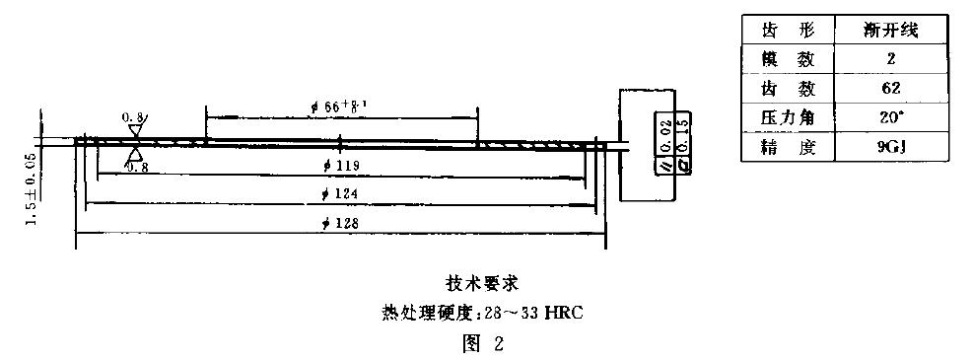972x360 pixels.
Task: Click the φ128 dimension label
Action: point(339,223)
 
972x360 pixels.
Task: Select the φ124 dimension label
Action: point(339,193)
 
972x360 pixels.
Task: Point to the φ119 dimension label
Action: point(339,164)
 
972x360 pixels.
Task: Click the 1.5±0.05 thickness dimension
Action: point(33,188)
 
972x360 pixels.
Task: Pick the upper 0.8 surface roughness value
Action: point(132,117)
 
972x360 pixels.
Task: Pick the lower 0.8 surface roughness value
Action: point(137,168)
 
